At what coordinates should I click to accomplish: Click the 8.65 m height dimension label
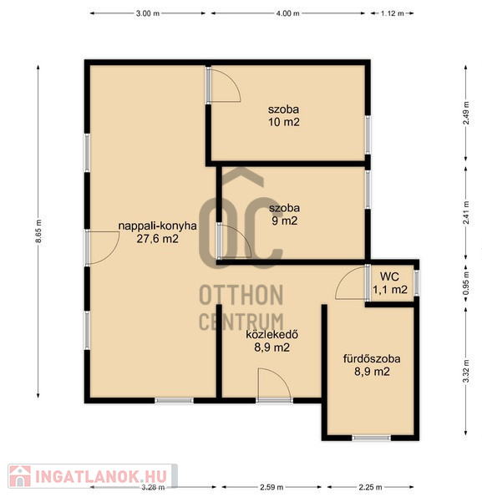(x=38, y=231)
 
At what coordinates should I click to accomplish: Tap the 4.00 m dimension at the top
(x=287, y=13)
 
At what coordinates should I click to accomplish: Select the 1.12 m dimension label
(x=393, y=13)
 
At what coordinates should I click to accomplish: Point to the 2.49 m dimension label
(x=466, y=113)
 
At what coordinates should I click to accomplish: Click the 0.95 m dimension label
(x=466, y=283)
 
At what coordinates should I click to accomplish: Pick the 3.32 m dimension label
(x=466, y=371)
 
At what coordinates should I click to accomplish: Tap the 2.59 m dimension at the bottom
(x=271, y=487)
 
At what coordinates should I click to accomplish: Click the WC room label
(x=389, y=276)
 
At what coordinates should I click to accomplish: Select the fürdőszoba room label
(x=372, y=359)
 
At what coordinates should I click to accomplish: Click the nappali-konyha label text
(x=158, y=226)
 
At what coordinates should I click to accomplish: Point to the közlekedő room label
(x=271, y=335)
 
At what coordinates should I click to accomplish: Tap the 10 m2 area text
(x=284, y=122)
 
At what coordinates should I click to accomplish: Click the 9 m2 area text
(x=285, y=221)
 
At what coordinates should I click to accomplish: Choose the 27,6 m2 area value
(x=158, y=239)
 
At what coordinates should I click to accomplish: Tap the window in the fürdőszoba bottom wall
(x=372, y=438)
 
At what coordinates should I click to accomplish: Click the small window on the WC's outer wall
(x=417, y=282)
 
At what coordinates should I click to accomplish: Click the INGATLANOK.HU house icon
(x=20, y=476)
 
